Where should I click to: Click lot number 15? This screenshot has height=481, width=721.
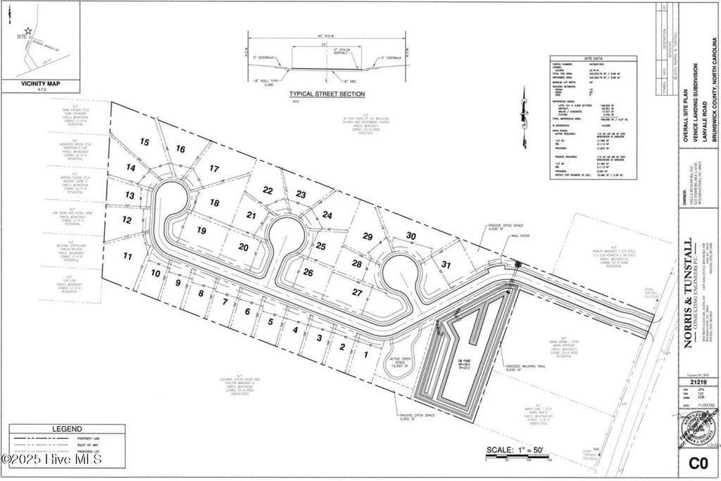(145, 143)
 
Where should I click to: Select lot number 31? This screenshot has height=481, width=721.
(445, 264)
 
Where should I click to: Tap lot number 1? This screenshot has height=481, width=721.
(365, 354)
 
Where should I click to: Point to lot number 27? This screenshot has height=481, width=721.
(357, 291)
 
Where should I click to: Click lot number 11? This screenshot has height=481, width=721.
(127, 256)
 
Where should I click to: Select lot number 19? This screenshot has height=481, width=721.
(201, 231)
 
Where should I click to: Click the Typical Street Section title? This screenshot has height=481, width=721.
(327, 94)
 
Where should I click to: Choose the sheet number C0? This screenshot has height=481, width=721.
(697, 462)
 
